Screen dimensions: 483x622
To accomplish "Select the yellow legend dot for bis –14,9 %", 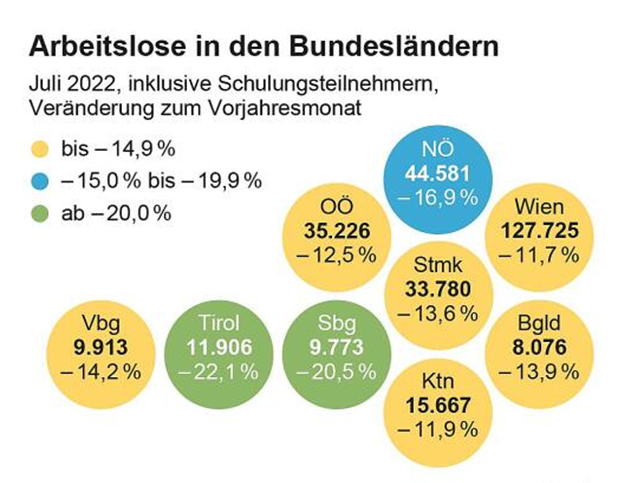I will tap(42, 150).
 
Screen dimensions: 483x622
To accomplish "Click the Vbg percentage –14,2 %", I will tap(97, 371).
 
